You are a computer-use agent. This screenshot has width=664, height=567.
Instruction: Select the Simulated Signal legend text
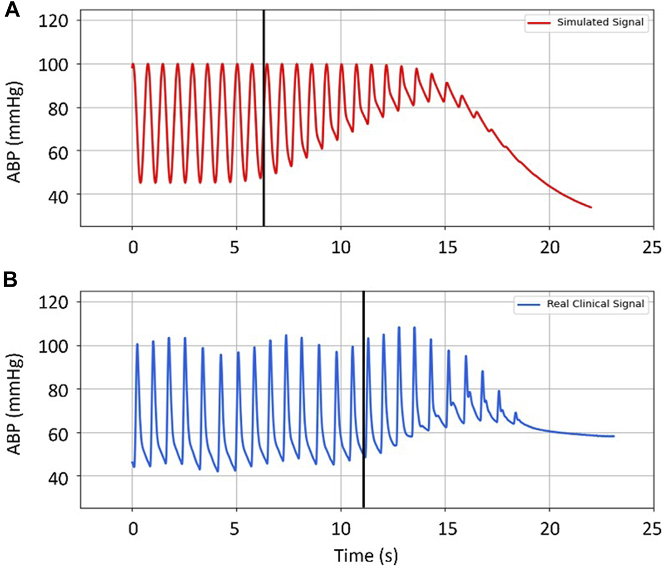click(x=600, y=22)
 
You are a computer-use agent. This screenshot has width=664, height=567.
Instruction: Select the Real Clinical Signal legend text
click(x=595, y=304)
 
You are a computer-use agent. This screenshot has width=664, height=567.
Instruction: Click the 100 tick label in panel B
click(x=53, y=346)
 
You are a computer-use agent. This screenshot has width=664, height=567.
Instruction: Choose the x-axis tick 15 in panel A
click(x=447, y=247)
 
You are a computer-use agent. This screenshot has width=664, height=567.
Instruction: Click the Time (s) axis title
click(x=366, y=555)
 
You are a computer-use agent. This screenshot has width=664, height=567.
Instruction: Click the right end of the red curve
click(x=591, y=207)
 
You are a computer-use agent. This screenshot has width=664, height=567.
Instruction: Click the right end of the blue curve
click(x=614, y=436)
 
